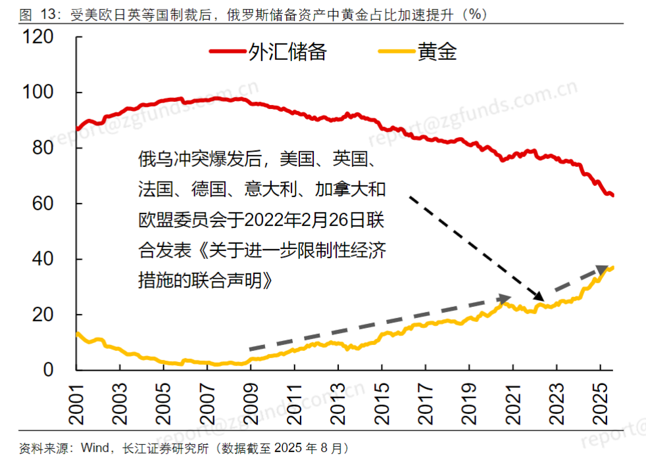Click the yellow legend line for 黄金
(x=396, y=51)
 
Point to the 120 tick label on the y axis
(x=38, y=37)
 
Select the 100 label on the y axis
(x=38, y=92)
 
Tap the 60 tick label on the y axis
(x=43, y=204)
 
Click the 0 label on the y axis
(x=49, y=370)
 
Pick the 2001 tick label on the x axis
(x=76, y=404)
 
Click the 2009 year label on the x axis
(x=251, y=404)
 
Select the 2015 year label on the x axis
(x=382, y=404)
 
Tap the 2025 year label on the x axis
(x=600, y=404)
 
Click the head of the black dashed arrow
(x=539, y=296)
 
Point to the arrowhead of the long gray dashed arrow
(x=505, y=298)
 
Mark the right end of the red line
(x=613, y=195)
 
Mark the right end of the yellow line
(x=613, y=268)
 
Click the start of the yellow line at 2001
(x=77, y=334)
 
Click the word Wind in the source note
(x=95, y=448)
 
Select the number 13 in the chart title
(x=48, y=15)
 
